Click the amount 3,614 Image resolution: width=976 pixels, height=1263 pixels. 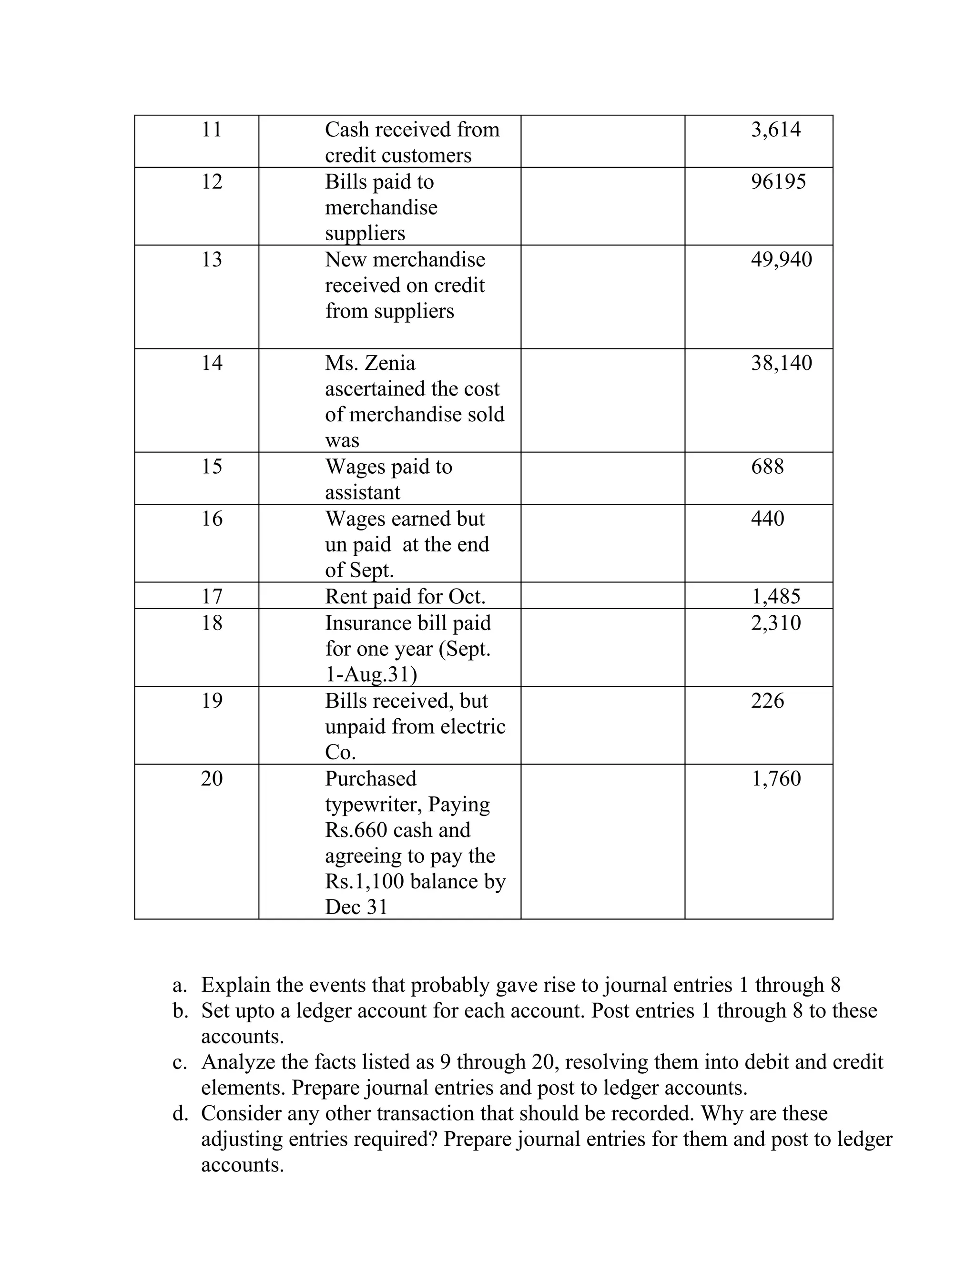click(775, 130)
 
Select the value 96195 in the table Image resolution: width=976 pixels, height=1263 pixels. click(778, 182)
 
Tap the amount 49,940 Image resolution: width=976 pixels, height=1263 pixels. click(781, 260)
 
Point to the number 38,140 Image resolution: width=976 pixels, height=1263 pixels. click(781, 363)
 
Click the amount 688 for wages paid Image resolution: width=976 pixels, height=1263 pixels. click(767, 467)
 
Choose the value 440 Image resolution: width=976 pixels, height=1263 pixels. click(767, 519)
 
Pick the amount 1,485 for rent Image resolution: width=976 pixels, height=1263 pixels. click(775, 596)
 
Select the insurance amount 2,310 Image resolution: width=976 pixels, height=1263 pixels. click(775, 623)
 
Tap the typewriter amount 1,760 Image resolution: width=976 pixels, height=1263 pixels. click(775, 779)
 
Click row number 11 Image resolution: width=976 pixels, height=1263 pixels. click(212, 130)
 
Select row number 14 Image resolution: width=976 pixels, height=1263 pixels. click(212, 363)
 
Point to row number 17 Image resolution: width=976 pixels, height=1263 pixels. click(212, 596)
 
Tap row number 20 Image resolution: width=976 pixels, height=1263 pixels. click(212, 779)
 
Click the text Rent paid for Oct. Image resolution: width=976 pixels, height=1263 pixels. click(405, 596)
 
